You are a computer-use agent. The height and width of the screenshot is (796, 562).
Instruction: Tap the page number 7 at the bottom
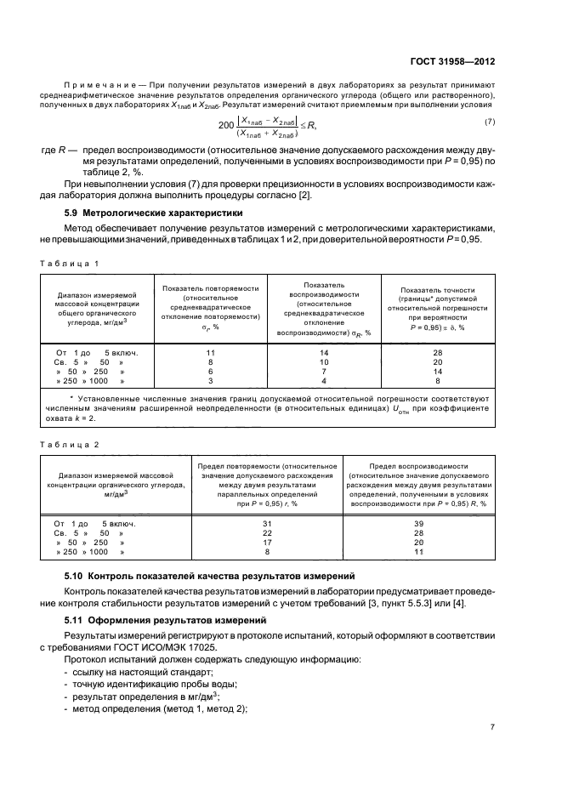492,727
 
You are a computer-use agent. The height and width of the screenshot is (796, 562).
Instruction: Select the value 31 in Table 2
268,523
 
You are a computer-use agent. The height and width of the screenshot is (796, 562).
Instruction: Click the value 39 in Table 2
417,523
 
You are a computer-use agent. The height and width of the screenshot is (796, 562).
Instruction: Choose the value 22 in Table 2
268,532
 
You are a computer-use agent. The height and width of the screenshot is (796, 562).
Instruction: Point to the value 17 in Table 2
268,542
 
